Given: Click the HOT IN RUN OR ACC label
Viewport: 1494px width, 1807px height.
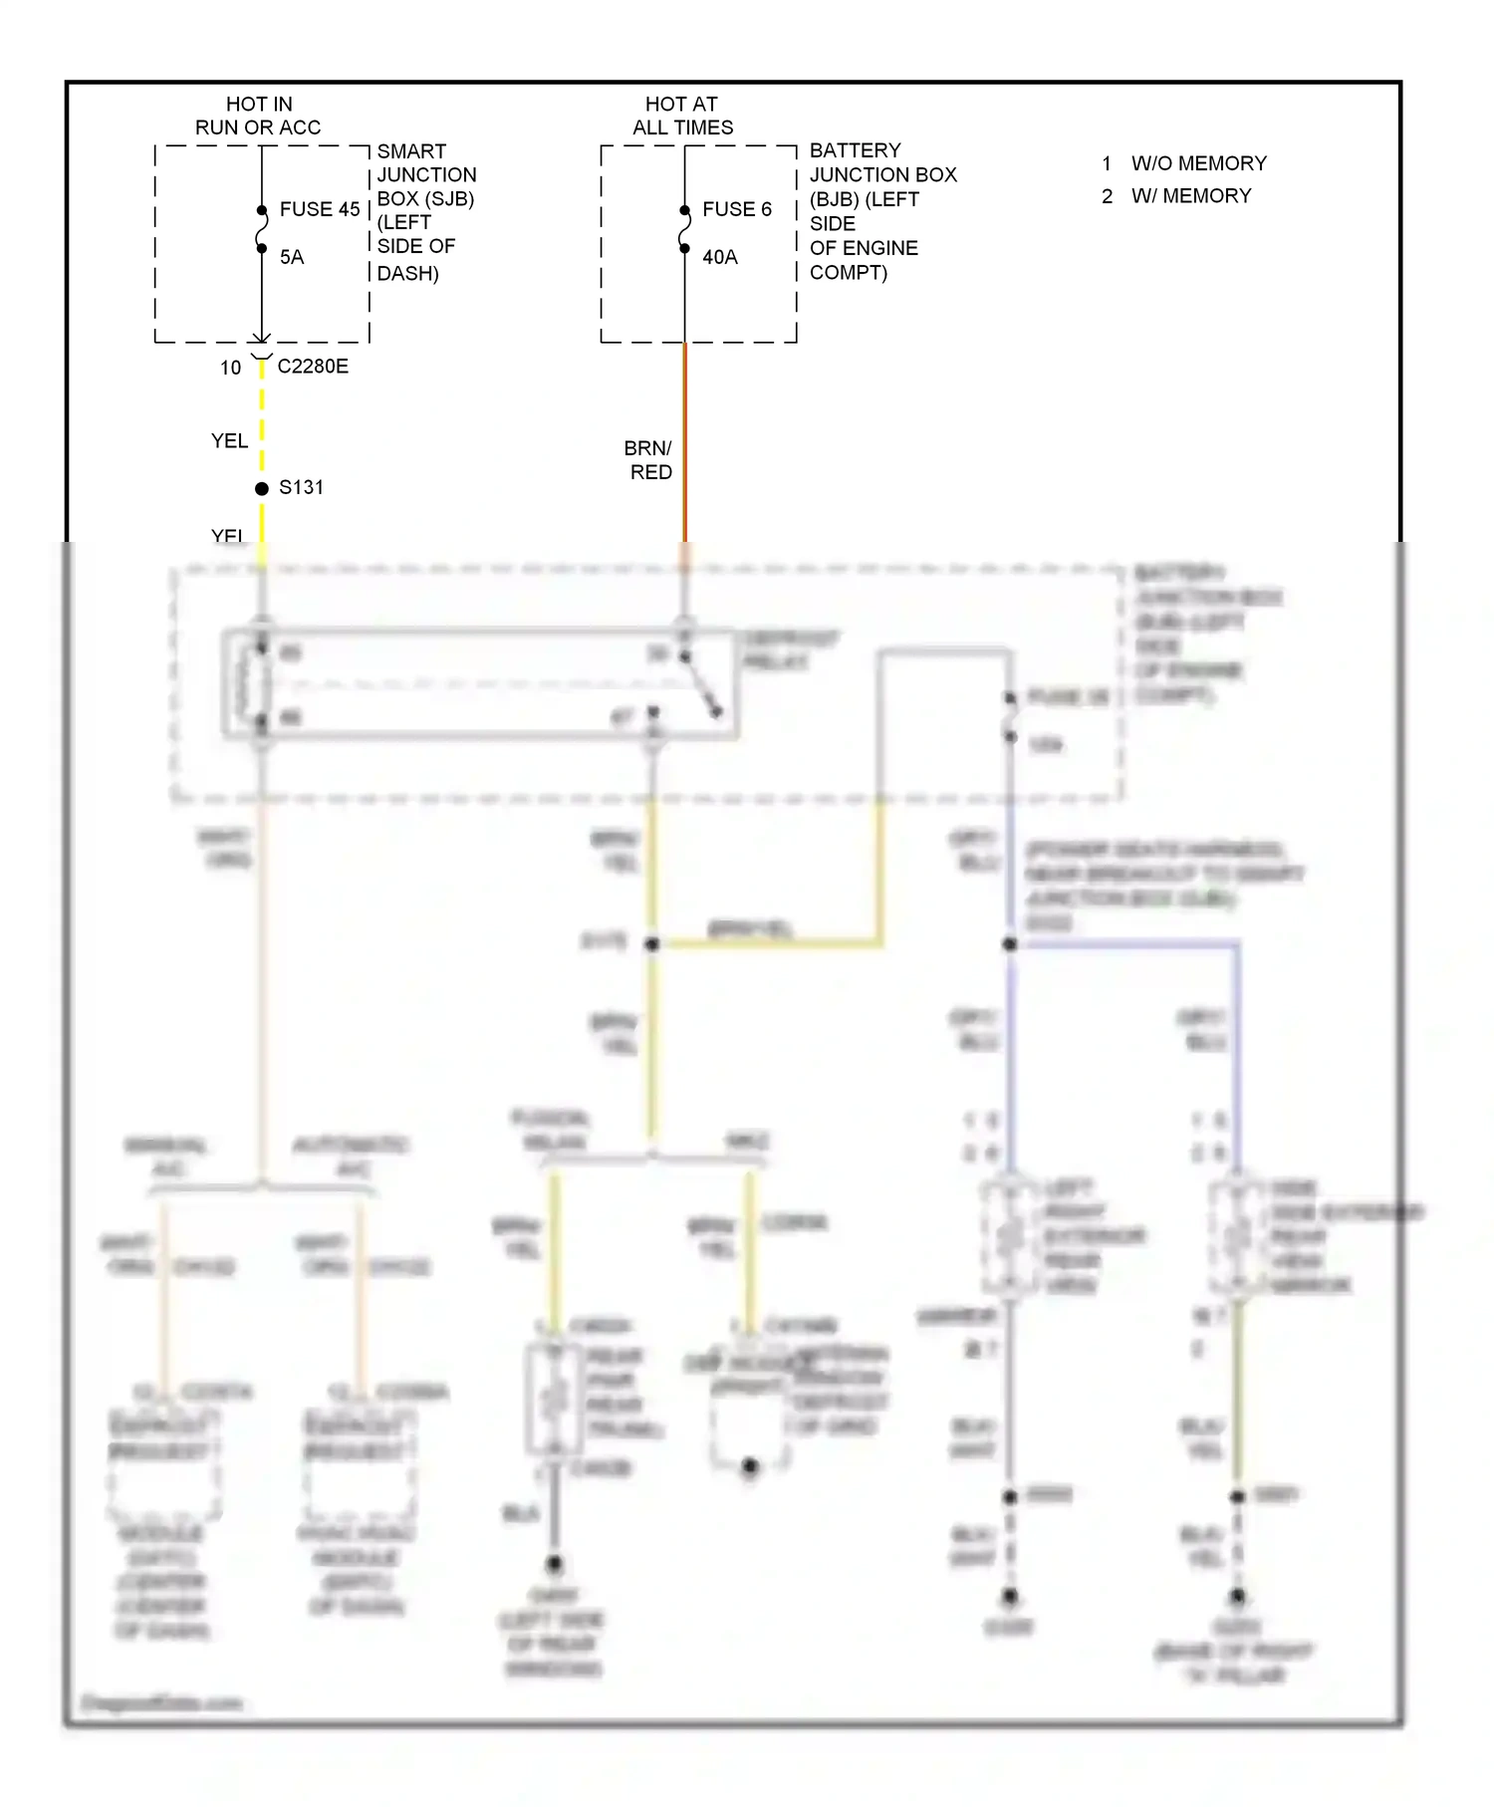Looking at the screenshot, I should tap(258, 116).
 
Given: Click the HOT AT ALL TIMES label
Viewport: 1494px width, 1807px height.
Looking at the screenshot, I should tap(682, 116).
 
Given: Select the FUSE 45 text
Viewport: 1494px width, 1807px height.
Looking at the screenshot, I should tap(319, 209).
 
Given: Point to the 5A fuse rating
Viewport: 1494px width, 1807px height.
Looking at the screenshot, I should tap(291, 257).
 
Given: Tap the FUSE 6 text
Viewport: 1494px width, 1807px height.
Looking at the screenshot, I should tap(736, 209).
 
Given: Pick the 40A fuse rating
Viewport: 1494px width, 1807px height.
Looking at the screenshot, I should tap(719, 257).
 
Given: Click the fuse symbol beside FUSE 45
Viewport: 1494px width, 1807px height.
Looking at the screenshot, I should tap(262, 229).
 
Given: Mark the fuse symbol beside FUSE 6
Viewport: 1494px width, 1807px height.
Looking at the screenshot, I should tap(684, 229).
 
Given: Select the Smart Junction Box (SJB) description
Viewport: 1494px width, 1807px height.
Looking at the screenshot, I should tap(425, 211).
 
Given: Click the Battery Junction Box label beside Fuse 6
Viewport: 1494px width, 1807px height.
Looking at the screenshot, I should tap(881, 211).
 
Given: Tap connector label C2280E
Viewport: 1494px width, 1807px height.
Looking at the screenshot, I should tap(313, 367).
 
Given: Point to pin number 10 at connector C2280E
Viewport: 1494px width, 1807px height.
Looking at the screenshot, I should tap(231, 368).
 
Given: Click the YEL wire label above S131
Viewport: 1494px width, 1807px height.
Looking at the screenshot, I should tap(229, 440).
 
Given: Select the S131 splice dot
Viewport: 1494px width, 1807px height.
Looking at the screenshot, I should tap(262, 488).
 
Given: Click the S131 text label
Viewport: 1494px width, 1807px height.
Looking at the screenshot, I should tap(301, 487).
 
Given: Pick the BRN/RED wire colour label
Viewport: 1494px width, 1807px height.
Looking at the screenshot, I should tap(648, 460).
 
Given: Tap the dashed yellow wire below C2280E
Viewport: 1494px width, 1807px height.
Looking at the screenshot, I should tap(262, 418).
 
